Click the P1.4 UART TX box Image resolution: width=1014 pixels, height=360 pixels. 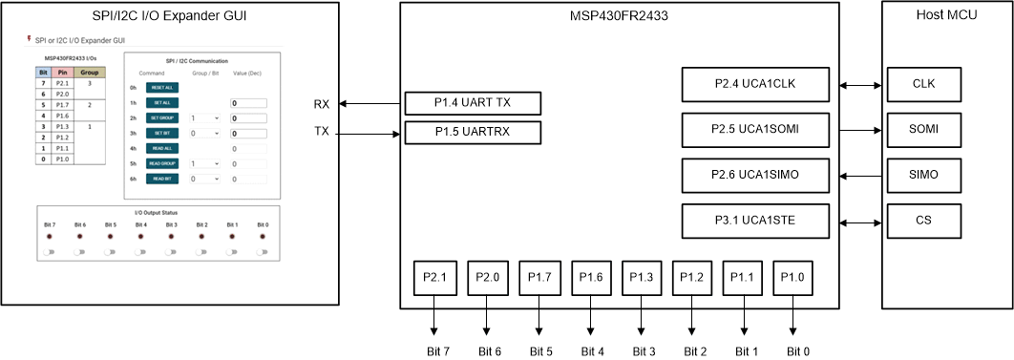[x=474, y=104]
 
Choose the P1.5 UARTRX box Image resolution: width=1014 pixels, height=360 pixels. [x=474, y=133]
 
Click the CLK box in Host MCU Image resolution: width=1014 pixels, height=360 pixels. [x=923, y=84]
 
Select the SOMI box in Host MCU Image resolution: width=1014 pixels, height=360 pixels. [x=923, y=129]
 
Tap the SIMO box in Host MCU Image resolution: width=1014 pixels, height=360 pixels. [x=923, y=176]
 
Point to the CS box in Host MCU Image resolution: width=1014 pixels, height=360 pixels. [x=923, y=222]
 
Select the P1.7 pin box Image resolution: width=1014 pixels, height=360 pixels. [x=537, y=278]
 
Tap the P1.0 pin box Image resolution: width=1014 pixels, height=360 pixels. [x=792, y=278]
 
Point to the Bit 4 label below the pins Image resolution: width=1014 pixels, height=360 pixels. [x=591, y=351]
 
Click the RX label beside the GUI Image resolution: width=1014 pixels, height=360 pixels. [x=321, y=104]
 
